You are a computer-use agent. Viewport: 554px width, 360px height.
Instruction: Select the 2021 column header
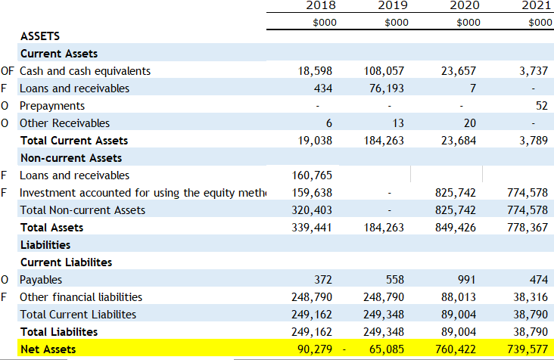pos(537,5)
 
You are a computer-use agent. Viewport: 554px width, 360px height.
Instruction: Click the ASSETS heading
pos(40,36)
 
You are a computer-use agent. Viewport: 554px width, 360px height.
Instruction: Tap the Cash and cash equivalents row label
pos(85,71)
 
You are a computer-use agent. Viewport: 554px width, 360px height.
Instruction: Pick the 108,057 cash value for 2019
pos(384,71)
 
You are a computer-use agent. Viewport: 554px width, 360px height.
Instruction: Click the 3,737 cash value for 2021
pos(534,71)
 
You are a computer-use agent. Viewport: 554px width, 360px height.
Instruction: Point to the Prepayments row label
pos(52,106)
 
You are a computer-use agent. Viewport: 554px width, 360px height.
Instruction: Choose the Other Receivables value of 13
pos(397,123)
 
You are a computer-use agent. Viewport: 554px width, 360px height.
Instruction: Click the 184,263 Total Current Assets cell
pos(384,141)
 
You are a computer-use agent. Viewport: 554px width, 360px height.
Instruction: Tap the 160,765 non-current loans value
pos(313,175)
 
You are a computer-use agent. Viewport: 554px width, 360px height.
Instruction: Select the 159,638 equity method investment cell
pos(313,193)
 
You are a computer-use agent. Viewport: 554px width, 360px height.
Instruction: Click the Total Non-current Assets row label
pos(82,210)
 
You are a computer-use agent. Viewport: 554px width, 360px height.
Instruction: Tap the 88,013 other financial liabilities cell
pos(459,297)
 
